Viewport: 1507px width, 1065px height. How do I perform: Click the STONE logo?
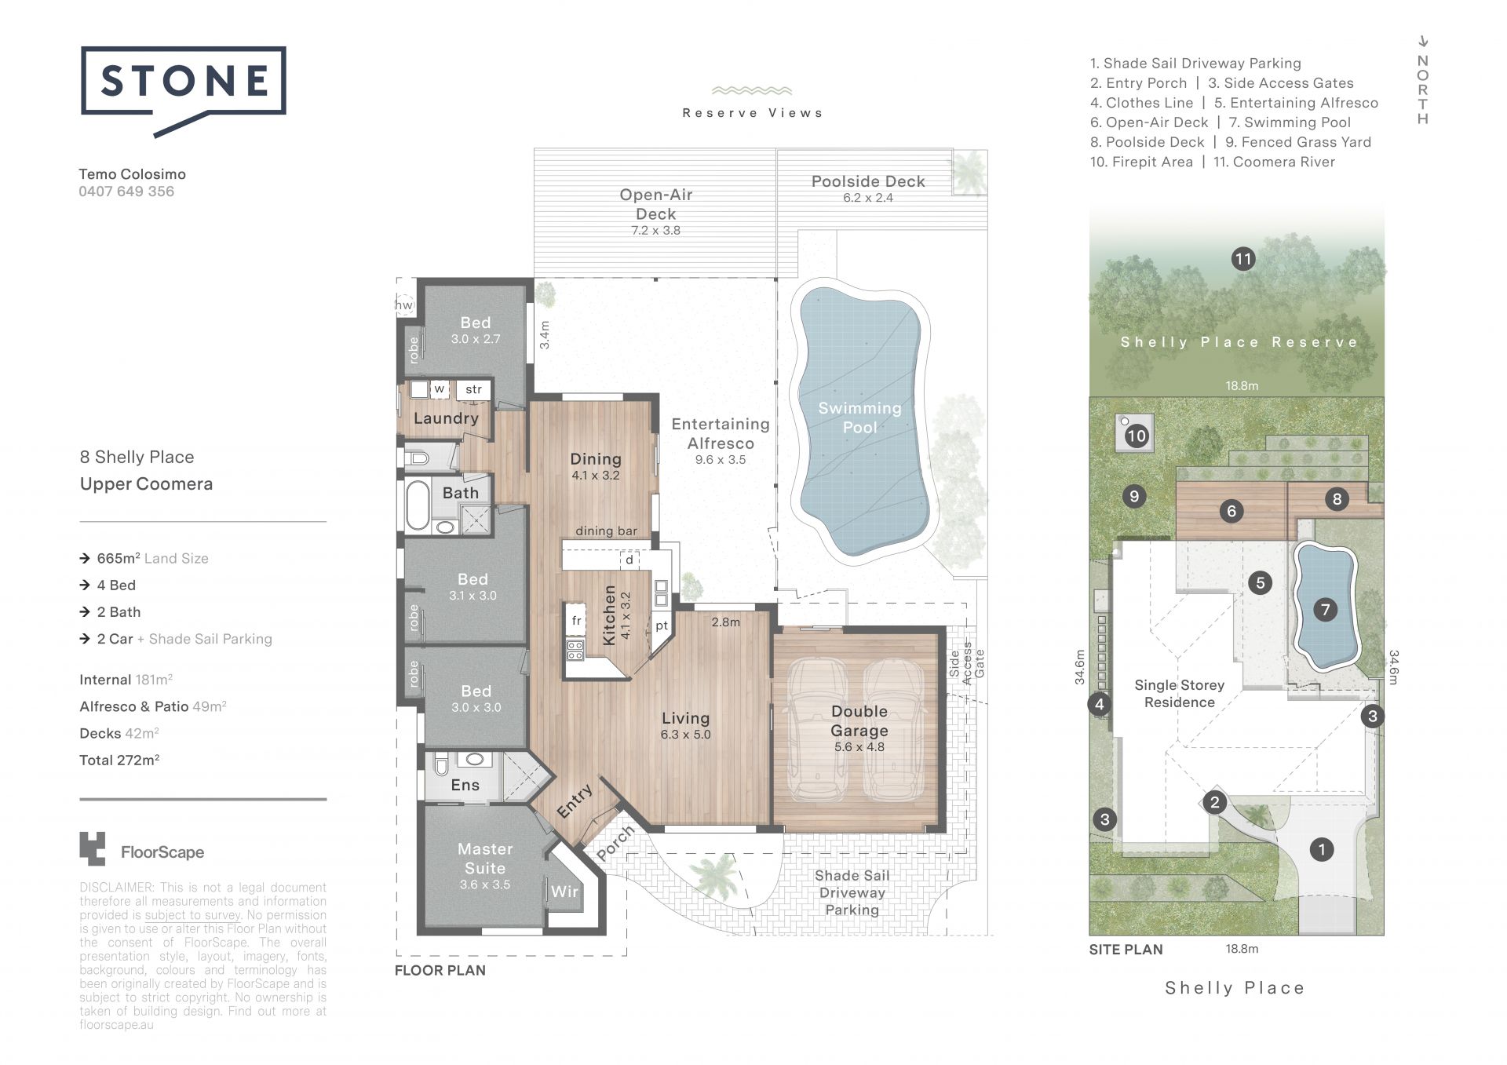tap(184, 89)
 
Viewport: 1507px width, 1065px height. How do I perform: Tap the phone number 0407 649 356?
tap(126, 191)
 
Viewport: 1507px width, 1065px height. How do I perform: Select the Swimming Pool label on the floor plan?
tap(859, 418)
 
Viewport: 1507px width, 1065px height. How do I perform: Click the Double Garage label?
tap(859, 720)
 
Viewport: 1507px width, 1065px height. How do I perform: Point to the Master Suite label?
tap(485, 859)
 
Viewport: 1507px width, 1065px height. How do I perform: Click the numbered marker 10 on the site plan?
tap(1137, 436)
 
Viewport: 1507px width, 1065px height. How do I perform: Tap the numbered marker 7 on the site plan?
tap(1326, 609)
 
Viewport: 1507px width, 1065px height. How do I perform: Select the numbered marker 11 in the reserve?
tap(1242, 259)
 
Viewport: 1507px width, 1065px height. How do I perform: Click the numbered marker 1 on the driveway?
tap(1322, 849)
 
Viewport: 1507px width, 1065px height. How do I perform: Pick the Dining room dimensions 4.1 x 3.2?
tap(595, 476)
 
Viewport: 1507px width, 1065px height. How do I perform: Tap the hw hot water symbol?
tap(404, 305)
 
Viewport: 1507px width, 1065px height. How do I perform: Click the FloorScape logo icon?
tap(92, 849)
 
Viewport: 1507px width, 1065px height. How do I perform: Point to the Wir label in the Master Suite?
tap(564, 892)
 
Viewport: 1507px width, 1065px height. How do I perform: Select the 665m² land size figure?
tap(118, 558)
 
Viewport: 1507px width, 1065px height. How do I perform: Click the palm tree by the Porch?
tap(713, 875)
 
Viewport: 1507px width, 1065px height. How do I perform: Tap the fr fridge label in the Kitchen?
tap(576, 621)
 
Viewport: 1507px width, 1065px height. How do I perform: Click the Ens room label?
tap(465, 785)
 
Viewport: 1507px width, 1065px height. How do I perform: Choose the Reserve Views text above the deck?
tap(752, 113)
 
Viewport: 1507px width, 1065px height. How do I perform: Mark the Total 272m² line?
tap(119, 760)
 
